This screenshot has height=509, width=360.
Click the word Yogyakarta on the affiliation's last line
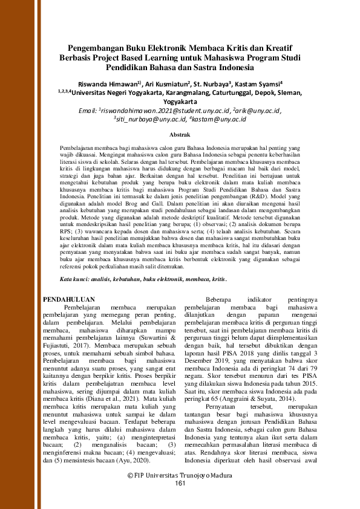coord(180,102)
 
